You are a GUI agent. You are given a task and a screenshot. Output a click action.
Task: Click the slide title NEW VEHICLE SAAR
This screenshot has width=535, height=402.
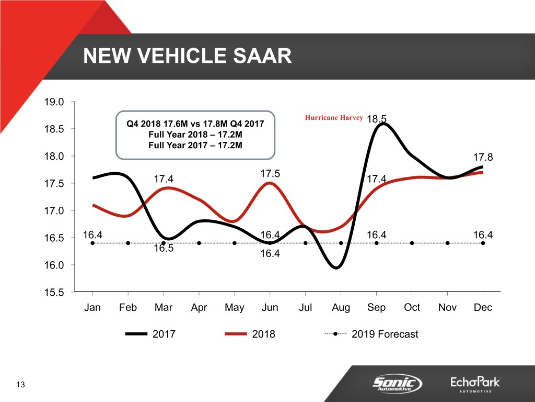point(187,55)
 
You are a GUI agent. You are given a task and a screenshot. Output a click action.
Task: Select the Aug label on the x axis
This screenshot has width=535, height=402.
point(341,307)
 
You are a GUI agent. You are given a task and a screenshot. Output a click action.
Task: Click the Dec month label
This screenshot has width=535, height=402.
point(483,307)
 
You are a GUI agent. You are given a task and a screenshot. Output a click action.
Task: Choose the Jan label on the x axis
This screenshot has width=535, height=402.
point(92,307)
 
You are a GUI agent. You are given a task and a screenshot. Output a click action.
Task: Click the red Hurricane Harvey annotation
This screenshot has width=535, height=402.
point(333,118)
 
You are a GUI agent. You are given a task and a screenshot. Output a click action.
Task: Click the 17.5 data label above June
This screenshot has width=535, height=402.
point(270,173)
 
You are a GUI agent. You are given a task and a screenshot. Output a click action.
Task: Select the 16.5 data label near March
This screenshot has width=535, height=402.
point(164,249)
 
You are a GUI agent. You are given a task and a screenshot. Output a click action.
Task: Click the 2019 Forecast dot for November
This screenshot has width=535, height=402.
point(448,243)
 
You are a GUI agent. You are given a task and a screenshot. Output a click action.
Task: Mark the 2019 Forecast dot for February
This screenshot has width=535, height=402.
point(128,243)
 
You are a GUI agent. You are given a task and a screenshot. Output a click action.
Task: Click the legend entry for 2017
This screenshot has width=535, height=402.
point(152,334)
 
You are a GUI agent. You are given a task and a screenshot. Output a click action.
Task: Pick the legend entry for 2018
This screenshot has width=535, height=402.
point(251,334)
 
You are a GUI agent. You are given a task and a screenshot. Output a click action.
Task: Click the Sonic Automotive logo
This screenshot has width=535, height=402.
point(397,383)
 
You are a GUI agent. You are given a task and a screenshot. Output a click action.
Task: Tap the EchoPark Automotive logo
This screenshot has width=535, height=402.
point(475,384)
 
